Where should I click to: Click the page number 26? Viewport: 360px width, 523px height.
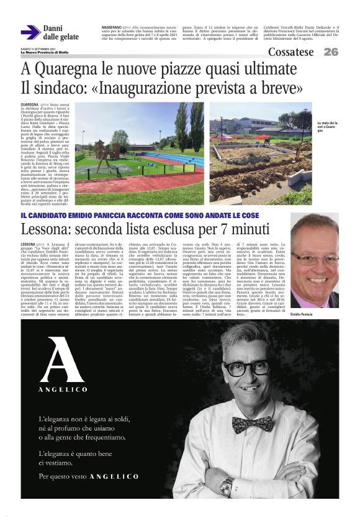(x=330, y=52)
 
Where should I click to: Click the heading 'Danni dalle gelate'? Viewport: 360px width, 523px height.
(x=60, y=32)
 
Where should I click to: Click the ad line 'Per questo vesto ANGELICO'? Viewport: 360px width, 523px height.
(x=89, y=476)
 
